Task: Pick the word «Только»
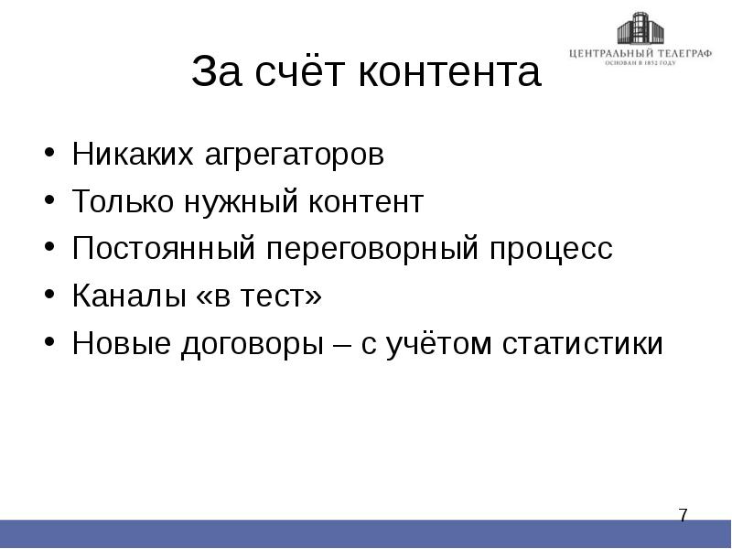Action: tap(122, 202)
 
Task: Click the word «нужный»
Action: tap(236, 203)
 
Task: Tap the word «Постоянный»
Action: tap(161, 250)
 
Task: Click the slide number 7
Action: tap(683, 516)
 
